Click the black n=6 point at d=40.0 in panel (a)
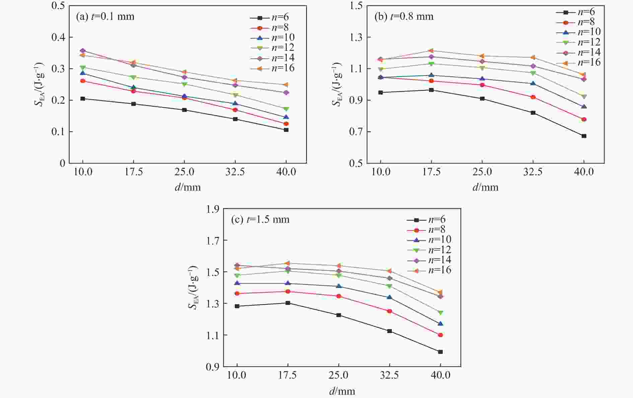286,130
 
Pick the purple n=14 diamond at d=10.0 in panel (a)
83,51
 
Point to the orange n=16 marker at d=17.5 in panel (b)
431,51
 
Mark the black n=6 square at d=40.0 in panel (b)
584,136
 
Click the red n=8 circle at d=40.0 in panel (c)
440,335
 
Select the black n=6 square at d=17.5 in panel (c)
288,303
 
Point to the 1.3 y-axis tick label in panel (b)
356,37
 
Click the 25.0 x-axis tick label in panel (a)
184,172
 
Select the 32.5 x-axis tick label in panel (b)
533,172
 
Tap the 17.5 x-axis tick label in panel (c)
288,375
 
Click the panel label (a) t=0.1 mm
105,16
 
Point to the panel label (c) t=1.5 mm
260,219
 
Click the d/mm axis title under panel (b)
485,187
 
